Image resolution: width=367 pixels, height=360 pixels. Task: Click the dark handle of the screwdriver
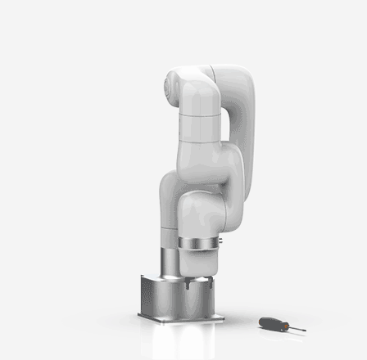pyautogui.click(x=270, y=322)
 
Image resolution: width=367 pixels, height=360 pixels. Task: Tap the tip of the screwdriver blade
pyautogui.click(x=305, y=331)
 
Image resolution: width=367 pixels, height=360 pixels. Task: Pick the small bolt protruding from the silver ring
pyautogui.click(x=220, y=241)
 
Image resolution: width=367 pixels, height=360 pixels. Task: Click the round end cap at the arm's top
pyautogui.click(x=173, y=83)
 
